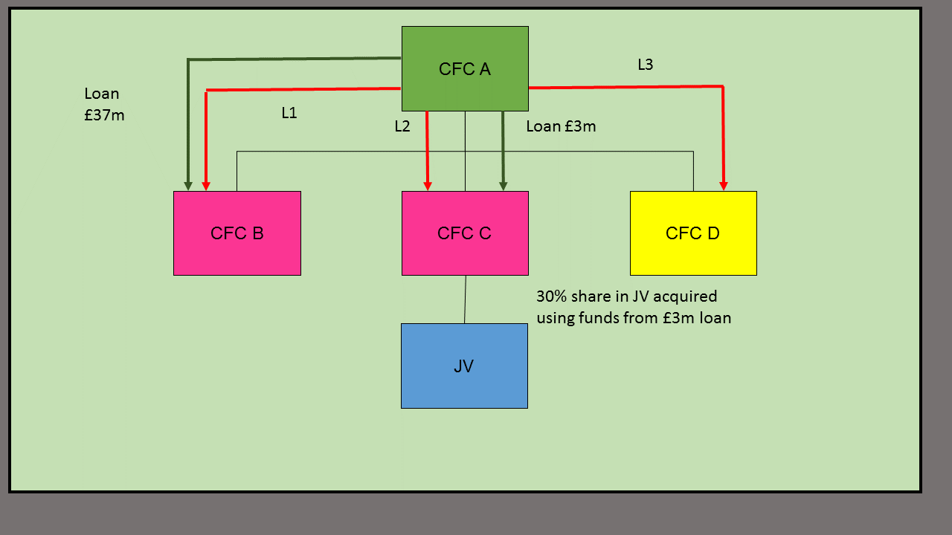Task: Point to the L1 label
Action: (289, 113)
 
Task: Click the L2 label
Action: (402, 126)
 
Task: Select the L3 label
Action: (646, 65)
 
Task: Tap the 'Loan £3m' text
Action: (561, 126)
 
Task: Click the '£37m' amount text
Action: (104, 115)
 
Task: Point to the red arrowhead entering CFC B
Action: (206, 186)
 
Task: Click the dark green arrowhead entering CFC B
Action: (188, 186)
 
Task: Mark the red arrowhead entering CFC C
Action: (428, 186)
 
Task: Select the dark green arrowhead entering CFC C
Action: (504, 186)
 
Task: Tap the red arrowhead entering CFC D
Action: (723, 186)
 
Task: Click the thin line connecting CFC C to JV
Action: (466, 299)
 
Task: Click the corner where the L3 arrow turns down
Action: (723, 87)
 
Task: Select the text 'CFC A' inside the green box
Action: (465, 69)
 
